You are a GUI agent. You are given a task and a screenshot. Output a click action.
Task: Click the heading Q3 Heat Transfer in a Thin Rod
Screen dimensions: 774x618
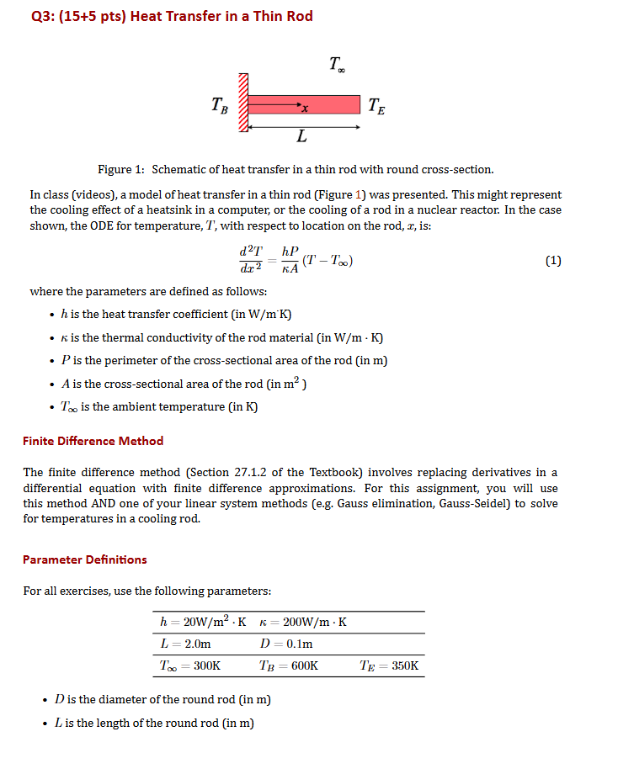click(x=168, y=17)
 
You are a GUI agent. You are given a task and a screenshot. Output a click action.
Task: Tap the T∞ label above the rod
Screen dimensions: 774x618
click(x=336, y=64)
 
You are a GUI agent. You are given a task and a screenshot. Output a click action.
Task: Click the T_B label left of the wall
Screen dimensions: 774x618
click(x=218, y=106)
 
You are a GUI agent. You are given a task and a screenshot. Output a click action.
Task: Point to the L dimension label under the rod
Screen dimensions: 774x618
click(x=301, y=136)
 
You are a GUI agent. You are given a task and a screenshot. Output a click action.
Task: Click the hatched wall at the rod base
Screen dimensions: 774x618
click(x=244, y=103)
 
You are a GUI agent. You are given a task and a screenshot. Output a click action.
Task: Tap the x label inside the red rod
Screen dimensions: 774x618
click(x=305, y=109)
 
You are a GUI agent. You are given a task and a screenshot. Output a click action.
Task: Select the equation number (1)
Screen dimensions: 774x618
click(x=552, y=261)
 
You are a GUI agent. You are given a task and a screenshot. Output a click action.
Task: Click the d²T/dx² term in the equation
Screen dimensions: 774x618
click(x=251, y=260)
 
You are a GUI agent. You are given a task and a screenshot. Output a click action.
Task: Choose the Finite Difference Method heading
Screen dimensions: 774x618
click(x=93, y=441)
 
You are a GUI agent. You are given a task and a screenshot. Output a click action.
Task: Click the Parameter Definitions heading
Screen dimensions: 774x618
click(x=84, y=559)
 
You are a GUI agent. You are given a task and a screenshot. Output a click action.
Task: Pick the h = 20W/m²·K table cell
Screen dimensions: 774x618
click(x=203, y=623)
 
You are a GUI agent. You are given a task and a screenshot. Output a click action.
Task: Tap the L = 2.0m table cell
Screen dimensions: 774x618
click(x=185, y=644)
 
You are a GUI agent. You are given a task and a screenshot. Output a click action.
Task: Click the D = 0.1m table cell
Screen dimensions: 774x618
click(x=286, y=644)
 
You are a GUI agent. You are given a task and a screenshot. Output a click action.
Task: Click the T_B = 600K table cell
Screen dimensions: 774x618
click(x=289, y=665)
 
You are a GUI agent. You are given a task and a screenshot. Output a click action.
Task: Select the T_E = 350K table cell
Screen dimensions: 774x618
click(x=388, y=665)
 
